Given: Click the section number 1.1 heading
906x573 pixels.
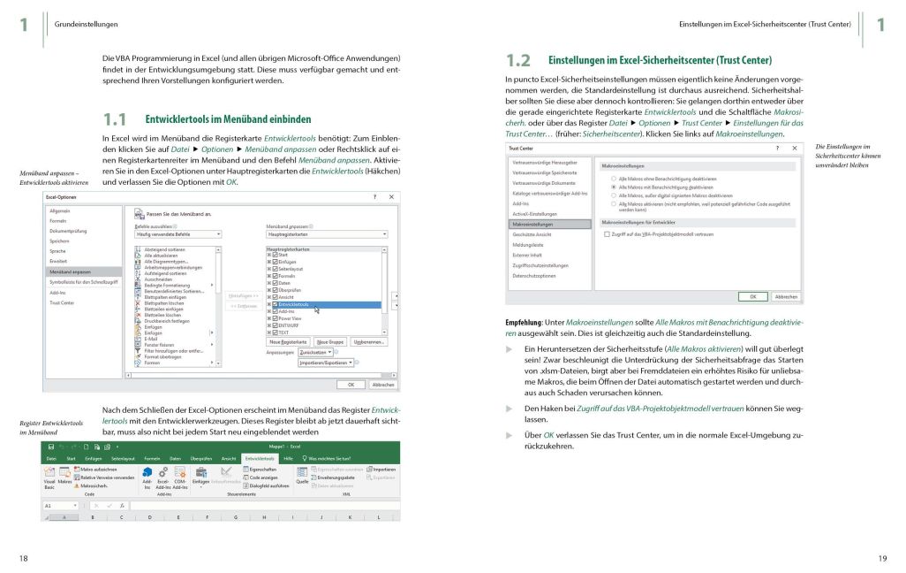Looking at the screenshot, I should pos(115,118).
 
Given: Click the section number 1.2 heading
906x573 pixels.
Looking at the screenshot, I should pos(518,61).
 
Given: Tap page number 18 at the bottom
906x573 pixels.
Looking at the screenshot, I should pos(24,557).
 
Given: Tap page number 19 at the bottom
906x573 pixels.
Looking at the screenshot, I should pos(881,557).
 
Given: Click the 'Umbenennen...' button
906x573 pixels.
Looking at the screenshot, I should pos(368,341).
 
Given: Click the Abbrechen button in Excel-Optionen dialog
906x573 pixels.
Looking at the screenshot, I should pos(382,385).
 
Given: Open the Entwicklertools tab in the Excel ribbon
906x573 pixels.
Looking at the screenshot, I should pos(259,459).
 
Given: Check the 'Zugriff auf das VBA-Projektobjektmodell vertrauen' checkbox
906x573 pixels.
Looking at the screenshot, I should pos(607,233).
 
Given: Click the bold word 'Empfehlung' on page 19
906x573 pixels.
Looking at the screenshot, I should pos(523,321).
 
